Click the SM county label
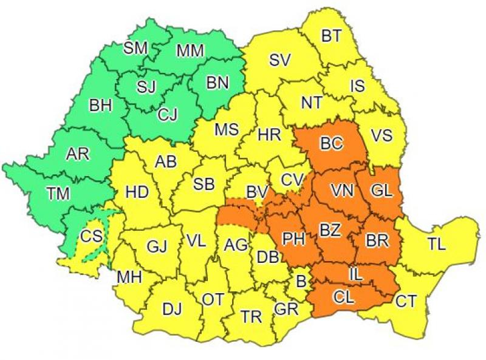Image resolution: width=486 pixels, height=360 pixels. coord(135,48)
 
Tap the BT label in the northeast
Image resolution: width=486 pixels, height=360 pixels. coord(331,36)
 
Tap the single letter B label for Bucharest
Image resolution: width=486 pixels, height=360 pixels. coord(300,282)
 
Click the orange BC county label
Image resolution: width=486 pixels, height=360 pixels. coord(332,144)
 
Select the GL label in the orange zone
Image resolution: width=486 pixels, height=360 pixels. coord(382,191)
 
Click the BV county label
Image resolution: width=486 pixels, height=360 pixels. coord(257,192)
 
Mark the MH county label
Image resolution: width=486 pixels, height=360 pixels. coord(129,277)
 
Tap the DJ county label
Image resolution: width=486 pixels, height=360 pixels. coord(172,308)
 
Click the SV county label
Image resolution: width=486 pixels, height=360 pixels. coord(280,59)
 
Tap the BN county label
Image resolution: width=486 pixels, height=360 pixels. coord(217,83)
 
